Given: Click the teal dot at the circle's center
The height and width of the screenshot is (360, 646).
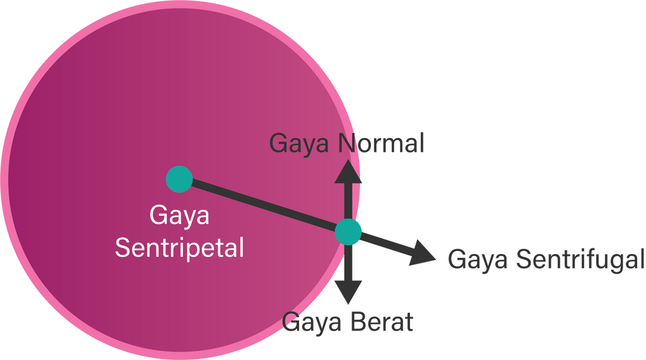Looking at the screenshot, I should pyautogui.click(x=179, y=179).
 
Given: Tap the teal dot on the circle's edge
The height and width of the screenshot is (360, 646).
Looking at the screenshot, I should pyautogui.click(x=348, y=232).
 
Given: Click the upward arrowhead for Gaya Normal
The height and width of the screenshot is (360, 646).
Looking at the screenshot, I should pyautogui.click(x=348, y=172).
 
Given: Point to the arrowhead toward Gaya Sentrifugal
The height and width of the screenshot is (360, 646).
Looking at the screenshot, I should pyautogui.click(x=423, y=253).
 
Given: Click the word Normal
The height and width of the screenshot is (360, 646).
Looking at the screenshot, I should pyautogui.click(x=381, y=144).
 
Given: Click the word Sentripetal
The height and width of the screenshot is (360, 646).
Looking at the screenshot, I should pyautogui.click(x=179, y=247).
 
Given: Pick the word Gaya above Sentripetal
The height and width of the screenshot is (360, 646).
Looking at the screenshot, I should pyautogui.click(x=179, y=218).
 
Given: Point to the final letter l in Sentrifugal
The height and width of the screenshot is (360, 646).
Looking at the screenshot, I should pyautogui.click(x=642, y=258).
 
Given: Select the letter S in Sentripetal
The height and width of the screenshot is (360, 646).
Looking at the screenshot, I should pyautogui.click(x=122, y=247).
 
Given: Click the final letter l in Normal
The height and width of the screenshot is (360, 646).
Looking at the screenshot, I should pyautogui.click(x=421, y=143).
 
